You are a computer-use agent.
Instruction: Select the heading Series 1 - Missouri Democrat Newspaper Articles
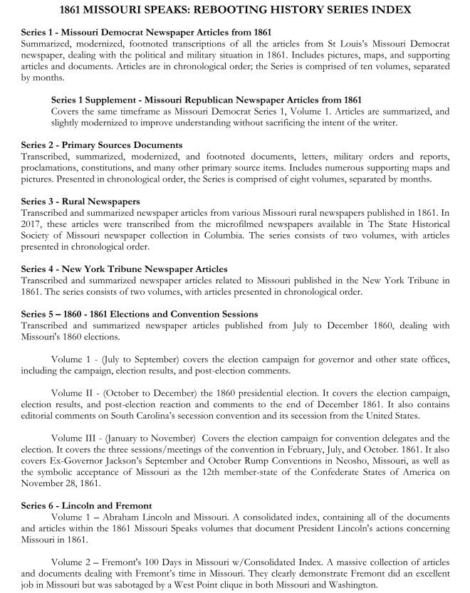click(146, 33)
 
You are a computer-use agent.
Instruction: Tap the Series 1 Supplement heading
click(207, 100)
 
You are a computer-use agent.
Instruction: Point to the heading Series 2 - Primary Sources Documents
click(102, 145)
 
